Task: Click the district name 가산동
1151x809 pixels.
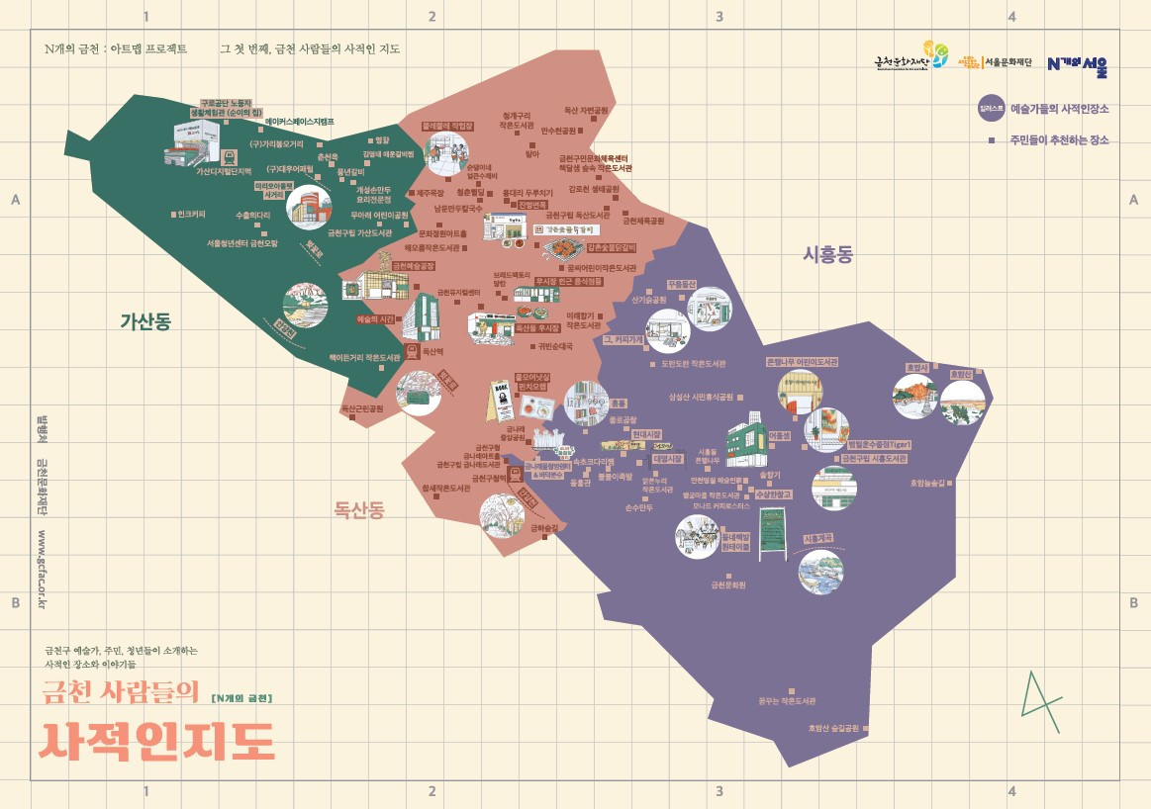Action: pos(145,321)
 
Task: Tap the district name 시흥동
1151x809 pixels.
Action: pos(827,255)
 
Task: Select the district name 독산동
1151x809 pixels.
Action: pos(359,510)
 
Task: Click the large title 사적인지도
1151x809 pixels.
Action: pos(156,740)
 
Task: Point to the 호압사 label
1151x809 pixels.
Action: pos(915,367)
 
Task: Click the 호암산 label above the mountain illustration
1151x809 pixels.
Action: pos(961,375)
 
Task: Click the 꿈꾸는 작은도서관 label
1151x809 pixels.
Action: pos(787,701)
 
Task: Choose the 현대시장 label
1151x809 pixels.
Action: pos(645,434)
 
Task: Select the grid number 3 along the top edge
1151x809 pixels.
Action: pos(719,16)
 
